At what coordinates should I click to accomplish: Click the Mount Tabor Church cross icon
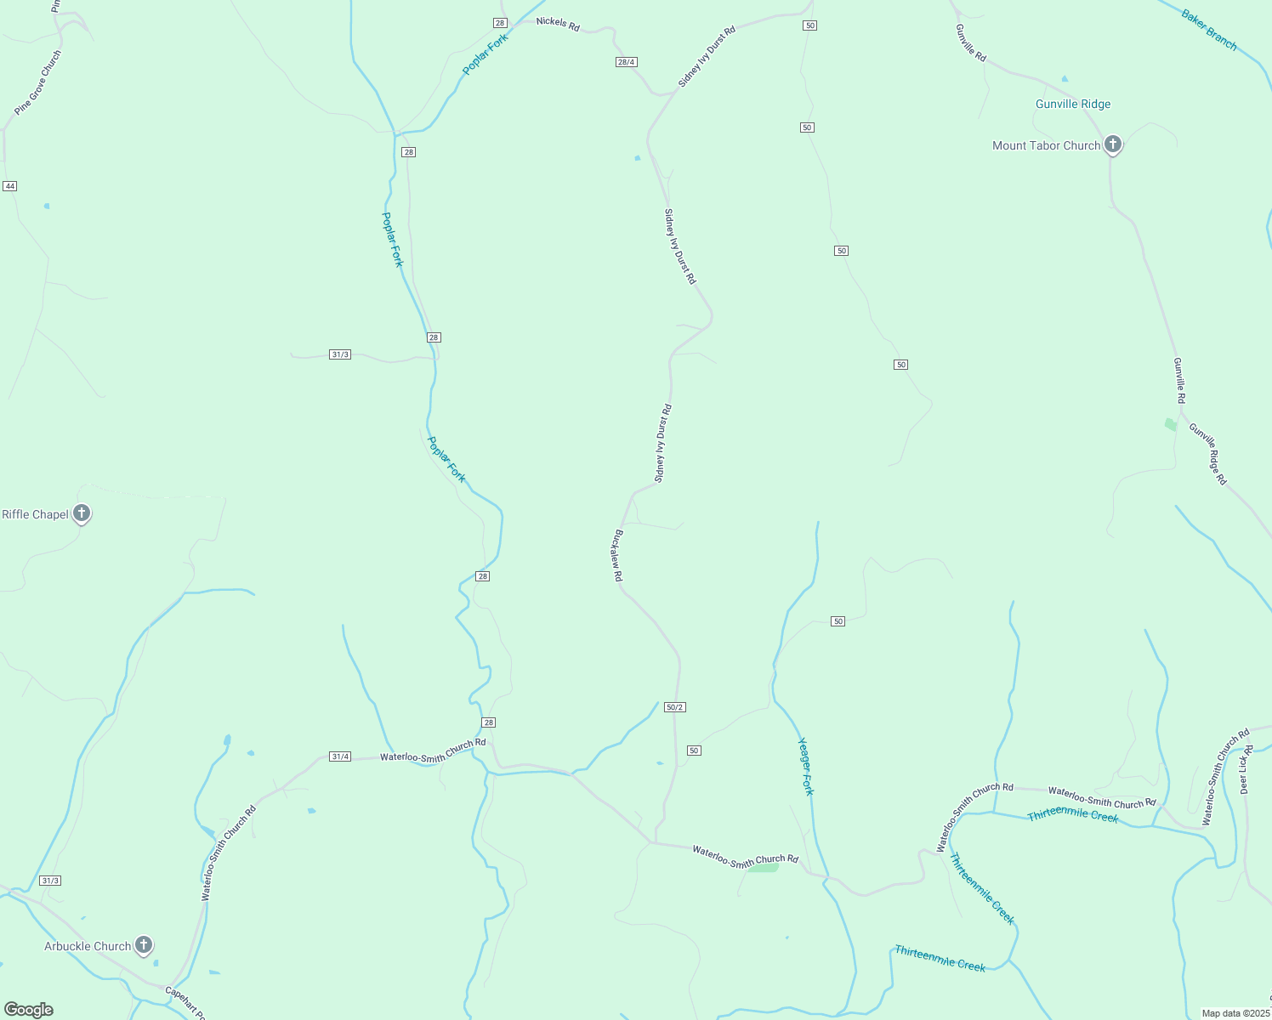coord(1112,144)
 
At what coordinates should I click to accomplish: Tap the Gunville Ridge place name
coord(1073,105)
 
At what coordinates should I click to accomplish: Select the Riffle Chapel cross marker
coord(82,513)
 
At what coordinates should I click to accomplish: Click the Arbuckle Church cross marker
coord(144,944)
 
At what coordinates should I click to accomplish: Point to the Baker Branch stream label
coord(1209,30)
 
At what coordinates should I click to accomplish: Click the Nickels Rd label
coord(558,23)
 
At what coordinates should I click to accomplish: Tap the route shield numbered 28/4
coord(626,62)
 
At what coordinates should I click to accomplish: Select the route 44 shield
coord(9,186)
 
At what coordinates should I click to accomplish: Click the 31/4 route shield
coord(340,756)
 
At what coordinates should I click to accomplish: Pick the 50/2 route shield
coord(675,707)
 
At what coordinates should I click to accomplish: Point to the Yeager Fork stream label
coord(806,766)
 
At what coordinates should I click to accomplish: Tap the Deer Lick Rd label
coord(1246,769)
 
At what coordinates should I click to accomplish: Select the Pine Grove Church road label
coord(38,82)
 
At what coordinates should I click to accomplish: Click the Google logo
coord(29,1009)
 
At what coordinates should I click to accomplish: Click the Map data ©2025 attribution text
coord(1235,1013)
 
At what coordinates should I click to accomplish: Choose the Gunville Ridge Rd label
coord(1208,454)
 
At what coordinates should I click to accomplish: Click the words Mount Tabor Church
coord(1046,146)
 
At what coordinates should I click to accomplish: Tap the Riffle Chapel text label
coord(35,514)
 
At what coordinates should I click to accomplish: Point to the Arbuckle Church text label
coord(88,946)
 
